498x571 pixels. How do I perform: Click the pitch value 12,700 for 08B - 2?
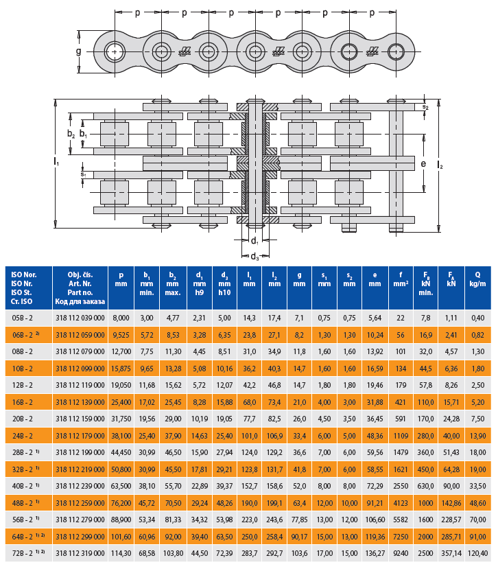click(121, 352)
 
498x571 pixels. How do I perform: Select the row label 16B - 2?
click(23, 402)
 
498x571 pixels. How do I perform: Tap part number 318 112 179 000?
click(80, 436)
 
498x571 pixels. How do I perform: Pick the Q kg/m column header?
click(477, 279)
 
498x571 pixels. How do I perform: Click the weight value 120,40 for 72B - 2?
click(477, 554)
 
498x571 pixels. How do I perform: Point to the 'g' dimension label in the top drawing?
click(79, 51)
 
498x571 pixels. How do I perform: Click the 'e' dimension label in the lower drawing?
click(423, 164)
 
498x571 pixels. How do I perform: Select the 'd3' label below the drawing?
click(254, 257)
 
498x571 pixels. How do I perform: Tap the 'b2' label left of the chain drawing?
click(71, 134)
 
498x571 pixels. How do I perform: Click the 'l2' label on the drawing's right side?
click(440, 165)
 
